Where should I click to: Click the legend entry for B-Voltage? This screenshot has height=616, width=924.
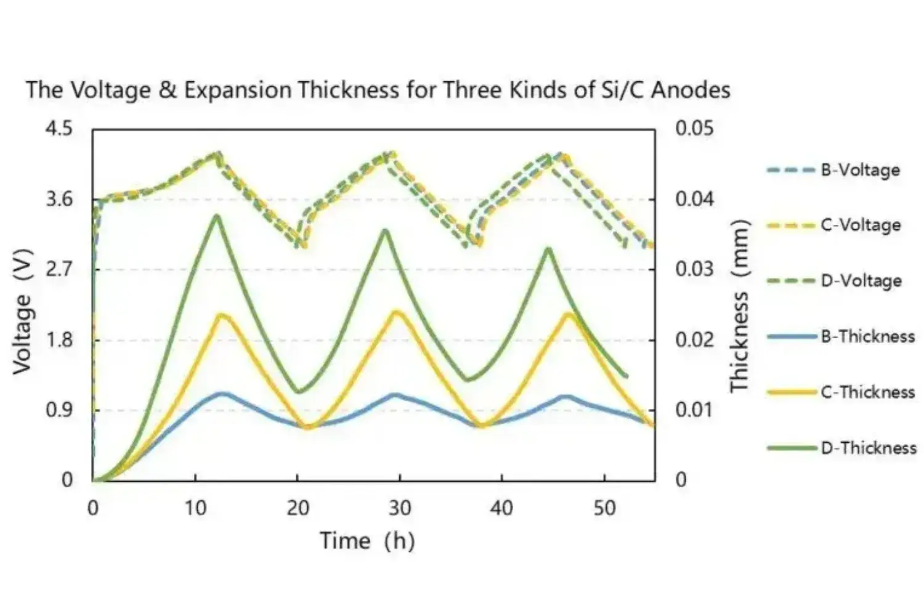click(860, 170)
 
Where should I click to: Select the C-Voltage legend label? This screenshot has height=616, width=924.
click(860, 225)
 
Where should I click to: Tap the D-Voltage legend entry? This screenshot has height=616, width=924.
click(861, 281)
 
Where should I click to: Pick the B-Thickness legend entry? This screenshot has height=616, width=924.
click(867, 336)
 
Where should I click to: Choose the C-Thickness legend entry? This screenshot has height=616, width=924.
click(867, 392)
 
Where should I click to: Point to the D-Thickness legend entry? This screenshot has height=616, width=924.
click(869, 448)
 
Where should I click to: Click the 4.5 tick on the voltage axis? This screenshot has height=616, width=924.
click(60, 129)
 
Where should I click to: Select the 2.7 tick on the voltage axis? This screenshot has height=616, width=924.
click(60, 269)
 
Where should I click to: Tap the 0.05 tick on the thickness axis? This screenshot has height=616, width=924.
click(694, 129)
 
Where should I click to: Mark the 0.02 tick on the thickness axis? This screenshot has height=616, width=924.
click(694, 339)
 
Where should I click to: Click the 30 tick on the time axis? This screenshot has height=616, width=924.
click(400, 508)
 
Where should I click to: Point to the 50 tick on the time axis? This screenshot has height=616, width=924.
click(604, 508)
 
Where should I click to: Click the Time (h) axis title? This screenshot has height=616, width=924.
click(367, 541)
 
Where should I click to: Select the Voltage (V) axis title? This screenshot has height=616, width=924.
click(22, 311)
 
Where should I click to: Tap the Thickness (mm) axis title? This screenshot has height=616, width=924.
click(739, 306)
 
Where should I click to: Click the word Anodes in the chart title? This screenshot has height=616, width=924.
click(691, 90)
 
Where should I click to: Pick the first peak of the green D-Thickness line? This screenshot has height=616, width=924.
click(217, 216)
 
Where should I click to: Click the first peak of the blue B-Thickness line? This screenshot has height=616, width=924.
click(222, 393)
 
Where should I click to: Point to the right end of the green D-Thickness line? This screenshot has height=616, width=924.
click(626, 376)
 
